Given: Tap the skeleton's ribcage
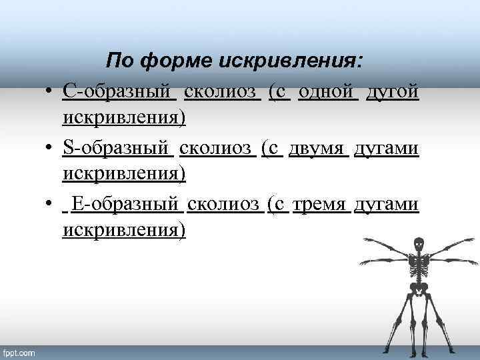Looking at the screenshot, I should [418, 263].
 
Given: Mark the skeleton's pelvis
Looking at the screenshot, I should [418, 289].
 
